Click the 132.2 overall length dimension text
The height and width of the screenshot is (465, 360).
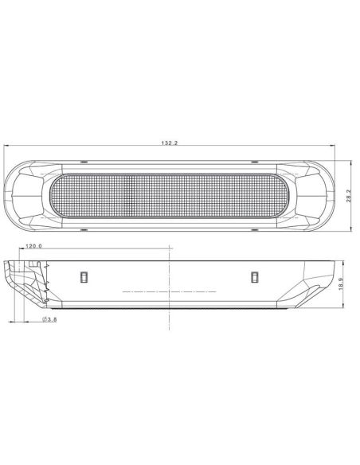(x=170, y=143)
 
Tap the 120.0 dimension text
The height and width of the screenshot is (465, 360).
(x=34, y=247)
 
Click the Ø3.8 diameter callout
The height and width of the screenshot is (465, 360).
(x=49, y=319)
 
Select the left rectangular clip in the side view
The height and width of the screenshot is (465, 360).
(x=84, y=276)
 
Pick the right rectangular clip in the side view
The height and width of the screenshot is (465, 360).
(x=255, y=276)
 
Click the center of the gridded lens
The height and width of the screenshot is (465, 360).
(x=169, y=195)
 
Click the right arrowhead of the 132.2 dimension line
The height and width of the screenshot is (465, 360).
(x=331, y=147)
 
